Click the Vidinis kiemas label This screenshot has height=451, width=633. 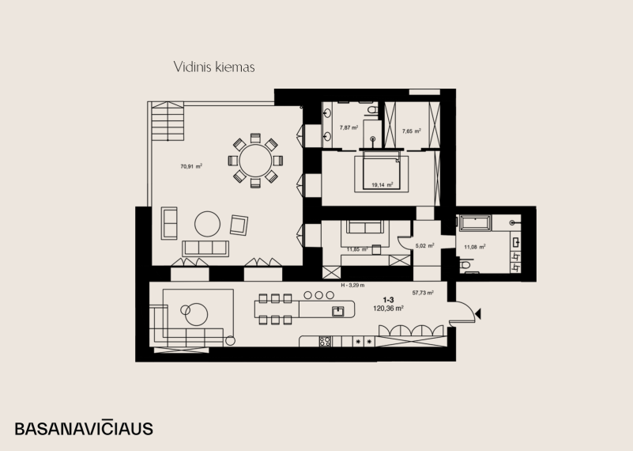[x=214, y=66]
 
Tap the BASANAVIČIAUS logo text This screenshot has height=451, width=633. [x=84, y=428]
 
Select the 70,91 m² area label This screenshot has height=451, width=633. [x=191, y=165]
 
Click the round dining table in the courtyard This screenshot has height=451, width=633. [x=255, y=161]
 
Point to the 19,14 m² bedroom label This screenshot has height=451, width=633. [x=382, y=184]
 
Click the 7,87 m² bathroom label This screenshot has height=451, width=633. [x=349, y=127]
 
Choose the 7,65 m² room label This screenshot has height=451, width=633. [x=412, y=131]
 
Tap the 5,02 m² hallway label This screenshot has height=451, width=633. [x=424, y=245]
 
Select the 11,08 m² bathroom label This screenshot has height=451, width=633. [x=475, y=247]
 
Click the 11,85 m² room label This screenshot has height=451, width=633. [x=357, y=249]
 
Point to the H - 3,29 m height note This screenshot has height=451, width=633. [x=352, y=285]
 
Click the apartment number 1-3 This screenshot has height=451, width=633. [x=388, y=300]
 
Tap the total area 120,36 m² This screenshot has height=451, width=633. [x=389, y=309]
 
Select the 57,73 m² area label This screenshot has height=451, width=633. [x=423, y=293]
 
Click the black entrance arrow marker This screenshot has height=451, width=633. [x=478, y=313]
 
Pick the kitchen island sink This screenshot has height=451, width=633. [x=338, y=311]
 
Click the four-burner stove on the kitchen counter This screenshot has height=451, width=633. [x=325, y=342]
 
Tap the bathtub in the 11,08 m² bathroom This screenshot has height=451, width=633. [x=475, y=223]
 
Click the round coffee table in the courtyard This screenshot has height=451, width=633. [x=208, y=224]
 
